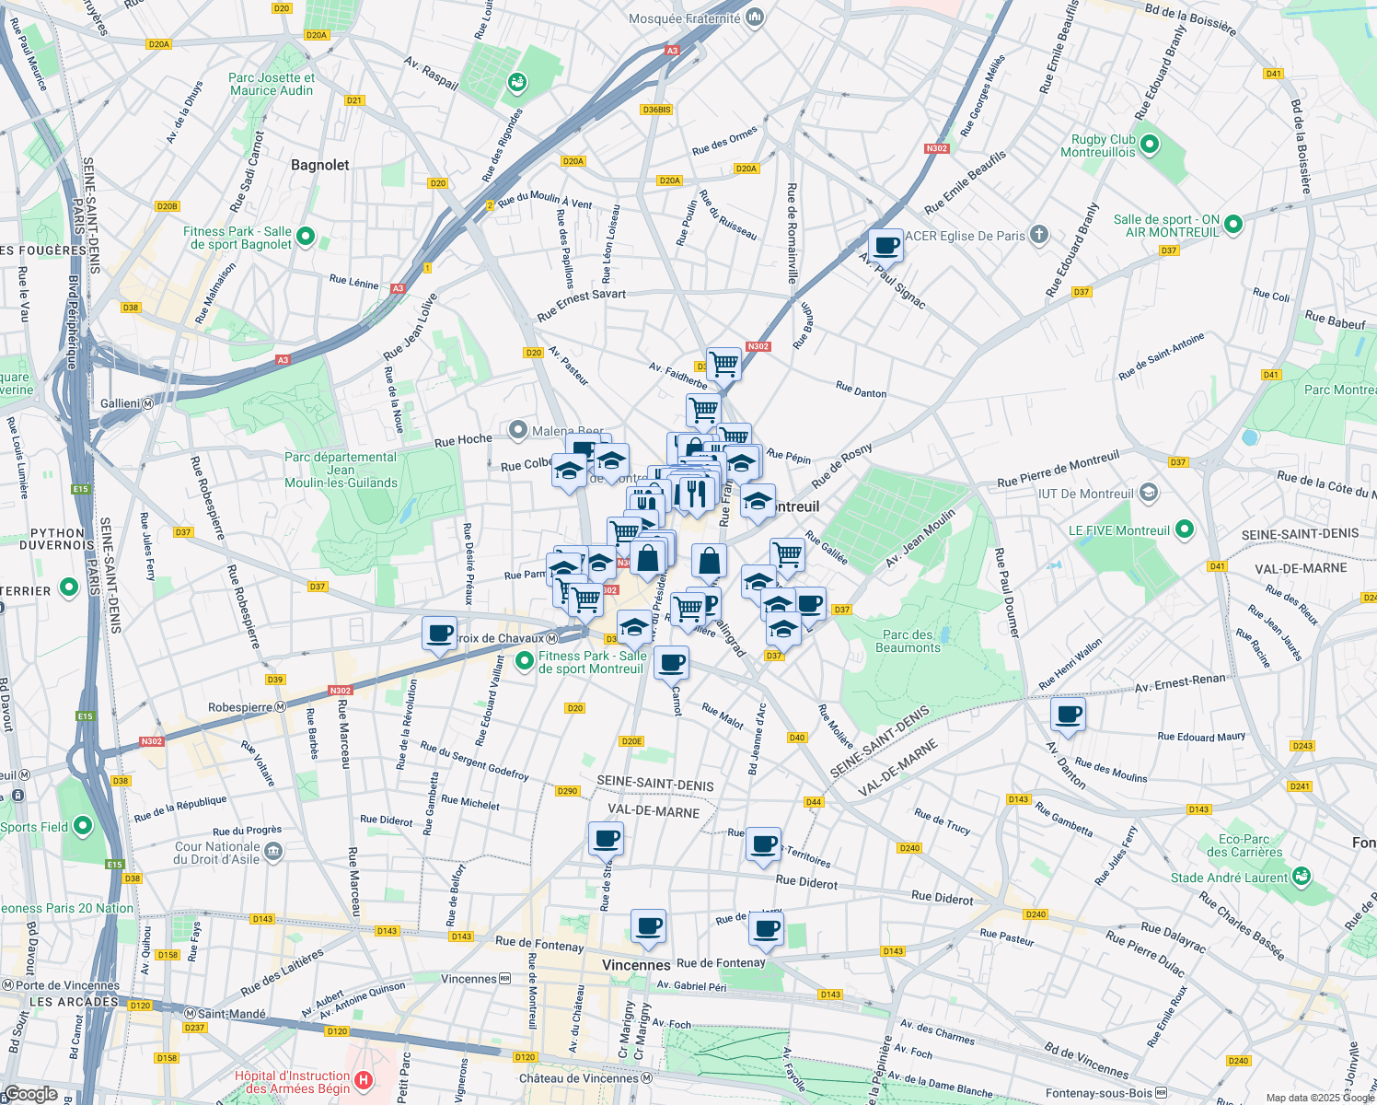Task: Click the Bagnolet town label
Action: pyautogui.click(x=319, y=166)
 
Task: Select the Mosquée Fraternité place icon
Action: pyautogui.click(x=755, y=17)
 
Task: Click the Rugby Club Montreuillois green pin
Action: pyautogui.click(x=1150, y=145)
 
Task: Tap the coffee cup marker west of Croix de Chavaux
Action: pyautogui.click(x=439, y=634)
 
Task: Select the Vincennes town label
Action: pyautogui.click(x=636, y=965)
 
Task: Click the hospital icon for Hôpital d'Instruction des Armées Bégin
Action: pyautogui.click(x=364, y=1081)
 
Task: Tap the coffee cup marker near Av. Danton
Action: pyautogui.click(x=1068, y=715)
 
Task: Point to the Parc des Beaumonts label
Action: pyautogui.click(x=908, y=641)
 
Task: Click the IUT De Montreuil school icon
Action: pyautogui.click(x=1148, y=493)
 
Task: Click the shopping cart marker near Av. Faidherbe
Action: pyautogui.click(x=723, y=365)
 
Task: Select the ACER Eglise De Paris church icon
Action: pyautogui.click(x=1039, y=234)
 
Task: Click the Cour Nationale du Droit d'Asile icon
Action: pyautogui.click(x=273, y=852)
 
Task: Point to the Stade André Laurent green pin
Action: pyautogui.click(x=1301, y=877)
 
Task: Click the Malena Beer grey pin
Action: pyautogui.click(x=518, y=430)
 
